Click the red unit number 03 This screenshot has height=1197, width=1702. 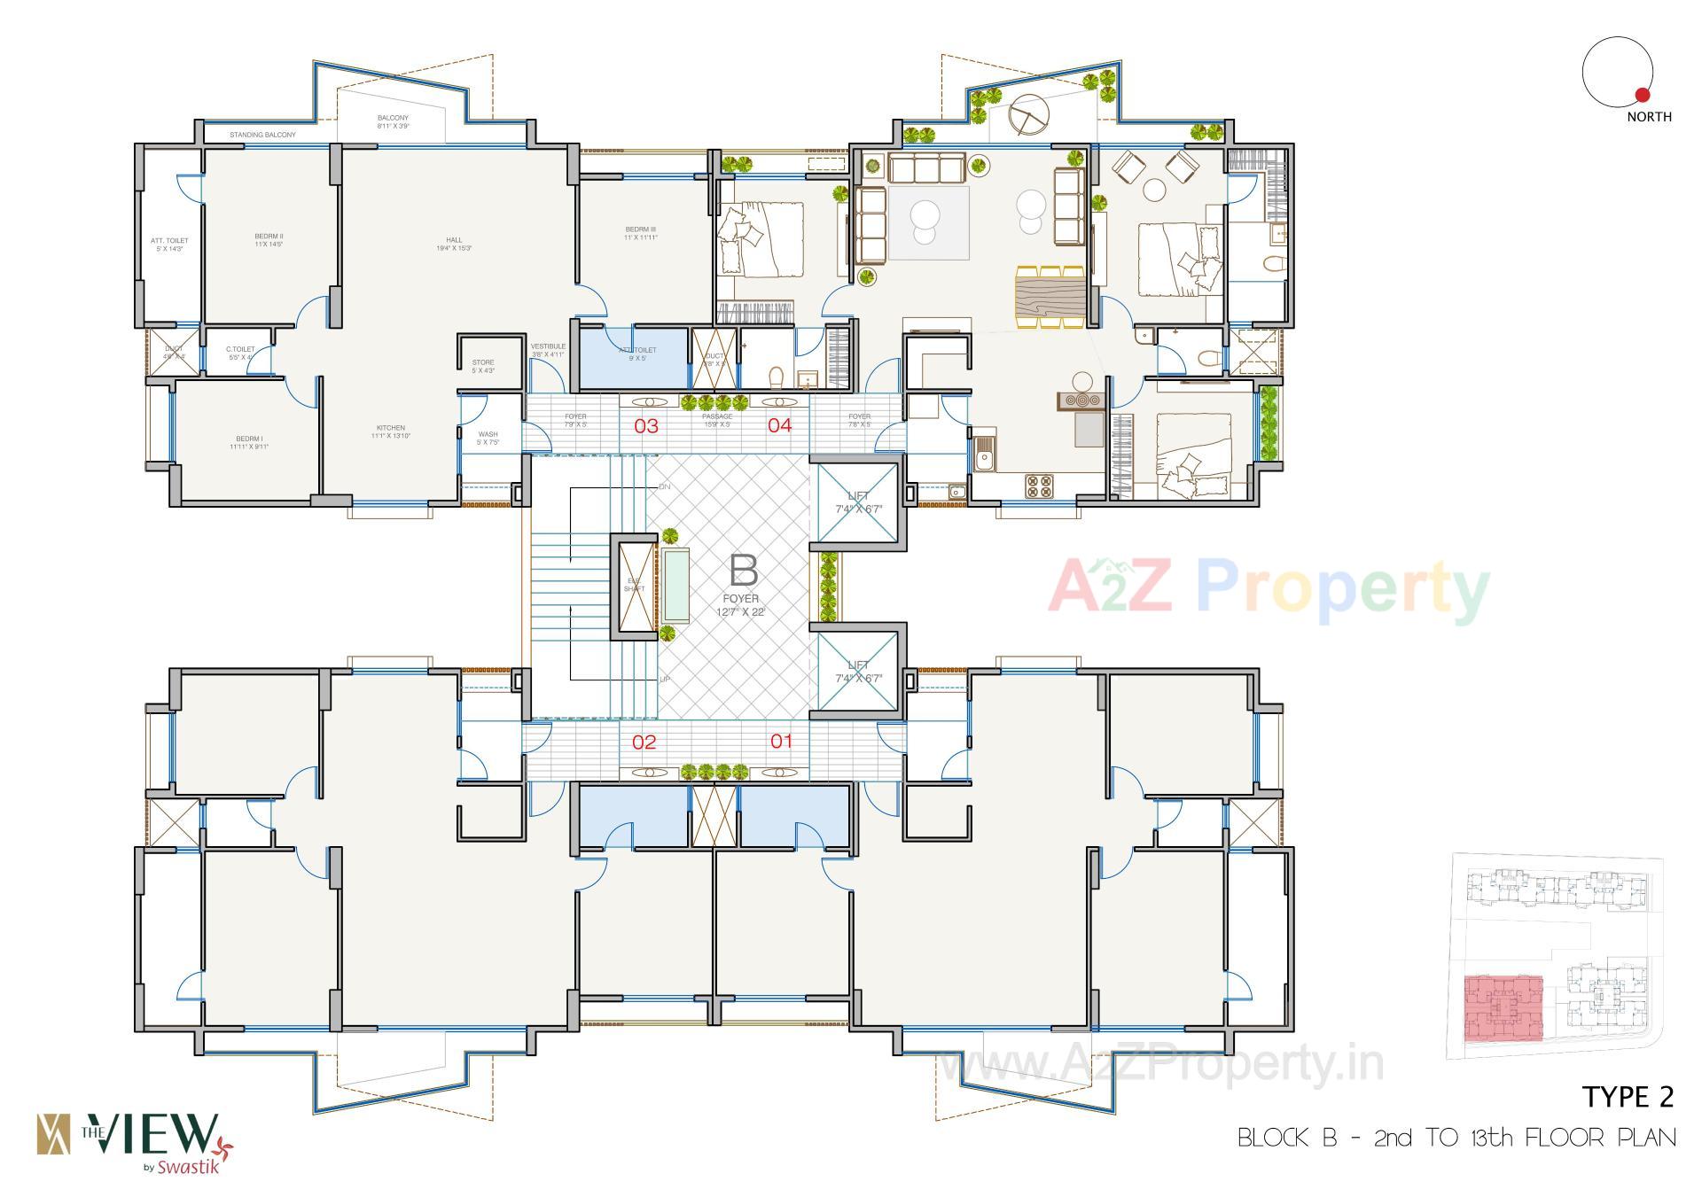pos(646,425)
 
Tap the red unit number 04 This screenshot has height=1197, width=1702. pos(779,425)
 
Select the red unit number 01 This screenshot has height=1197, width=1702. pos(781,741)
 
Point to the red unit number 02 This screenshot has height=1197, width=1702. pos(644,742)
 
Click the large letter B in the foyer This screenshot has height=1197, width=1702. pos(743,571)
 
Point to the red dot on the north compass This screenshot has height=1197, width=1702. pos(1642,95)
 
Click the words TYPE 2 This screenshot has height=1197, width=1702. pos(1628,1097)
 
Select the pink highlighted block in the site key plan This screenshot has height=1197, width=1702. pos(1503,1008)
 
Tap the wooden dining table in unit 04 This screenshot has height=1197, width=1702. pos(1050,297)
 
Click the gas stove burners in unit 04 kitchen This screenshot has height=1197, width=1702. pos(1038,486)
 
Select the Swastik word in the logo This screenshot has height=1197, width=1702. pos(186,1167)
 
